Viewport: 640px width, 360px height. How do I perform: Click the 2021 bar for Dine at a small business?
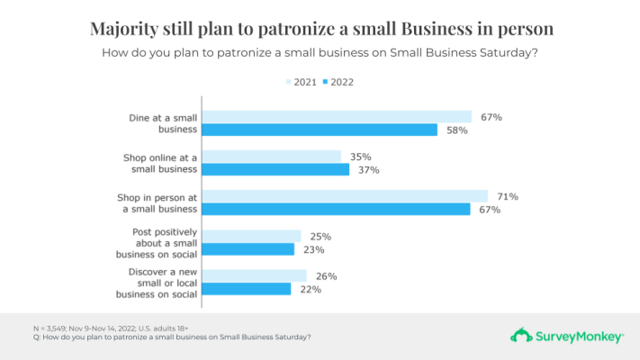(x=336, y=116)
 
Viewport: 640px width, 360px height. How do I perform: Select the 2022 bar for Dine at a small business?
(x=319, y=130)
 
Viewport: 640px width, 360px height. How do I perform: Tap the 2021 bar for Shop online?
(x=271, y=156)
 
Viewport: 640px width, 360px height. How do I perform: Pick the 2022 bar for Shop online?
(x=275, y=169)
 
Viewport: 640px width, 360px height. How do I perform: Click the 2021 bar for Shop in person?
(x=344, y=196)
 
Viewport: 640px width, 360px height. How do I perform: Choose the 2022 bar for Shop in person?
(x=336, y=210)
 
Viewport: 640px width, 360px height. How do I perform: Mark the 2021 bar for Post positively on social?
(x=251, y=236)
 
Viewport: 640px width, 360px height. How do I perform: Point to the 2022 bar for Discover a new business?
(x=246, y=289)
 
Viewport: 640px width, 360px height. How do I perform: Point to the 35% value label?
(x=360, y=156)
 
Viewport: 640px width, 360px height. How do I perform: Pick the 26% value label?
(x=326, y=275)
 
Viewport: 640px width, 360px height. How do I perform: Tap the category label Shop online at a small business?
(x=160, y=163)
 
